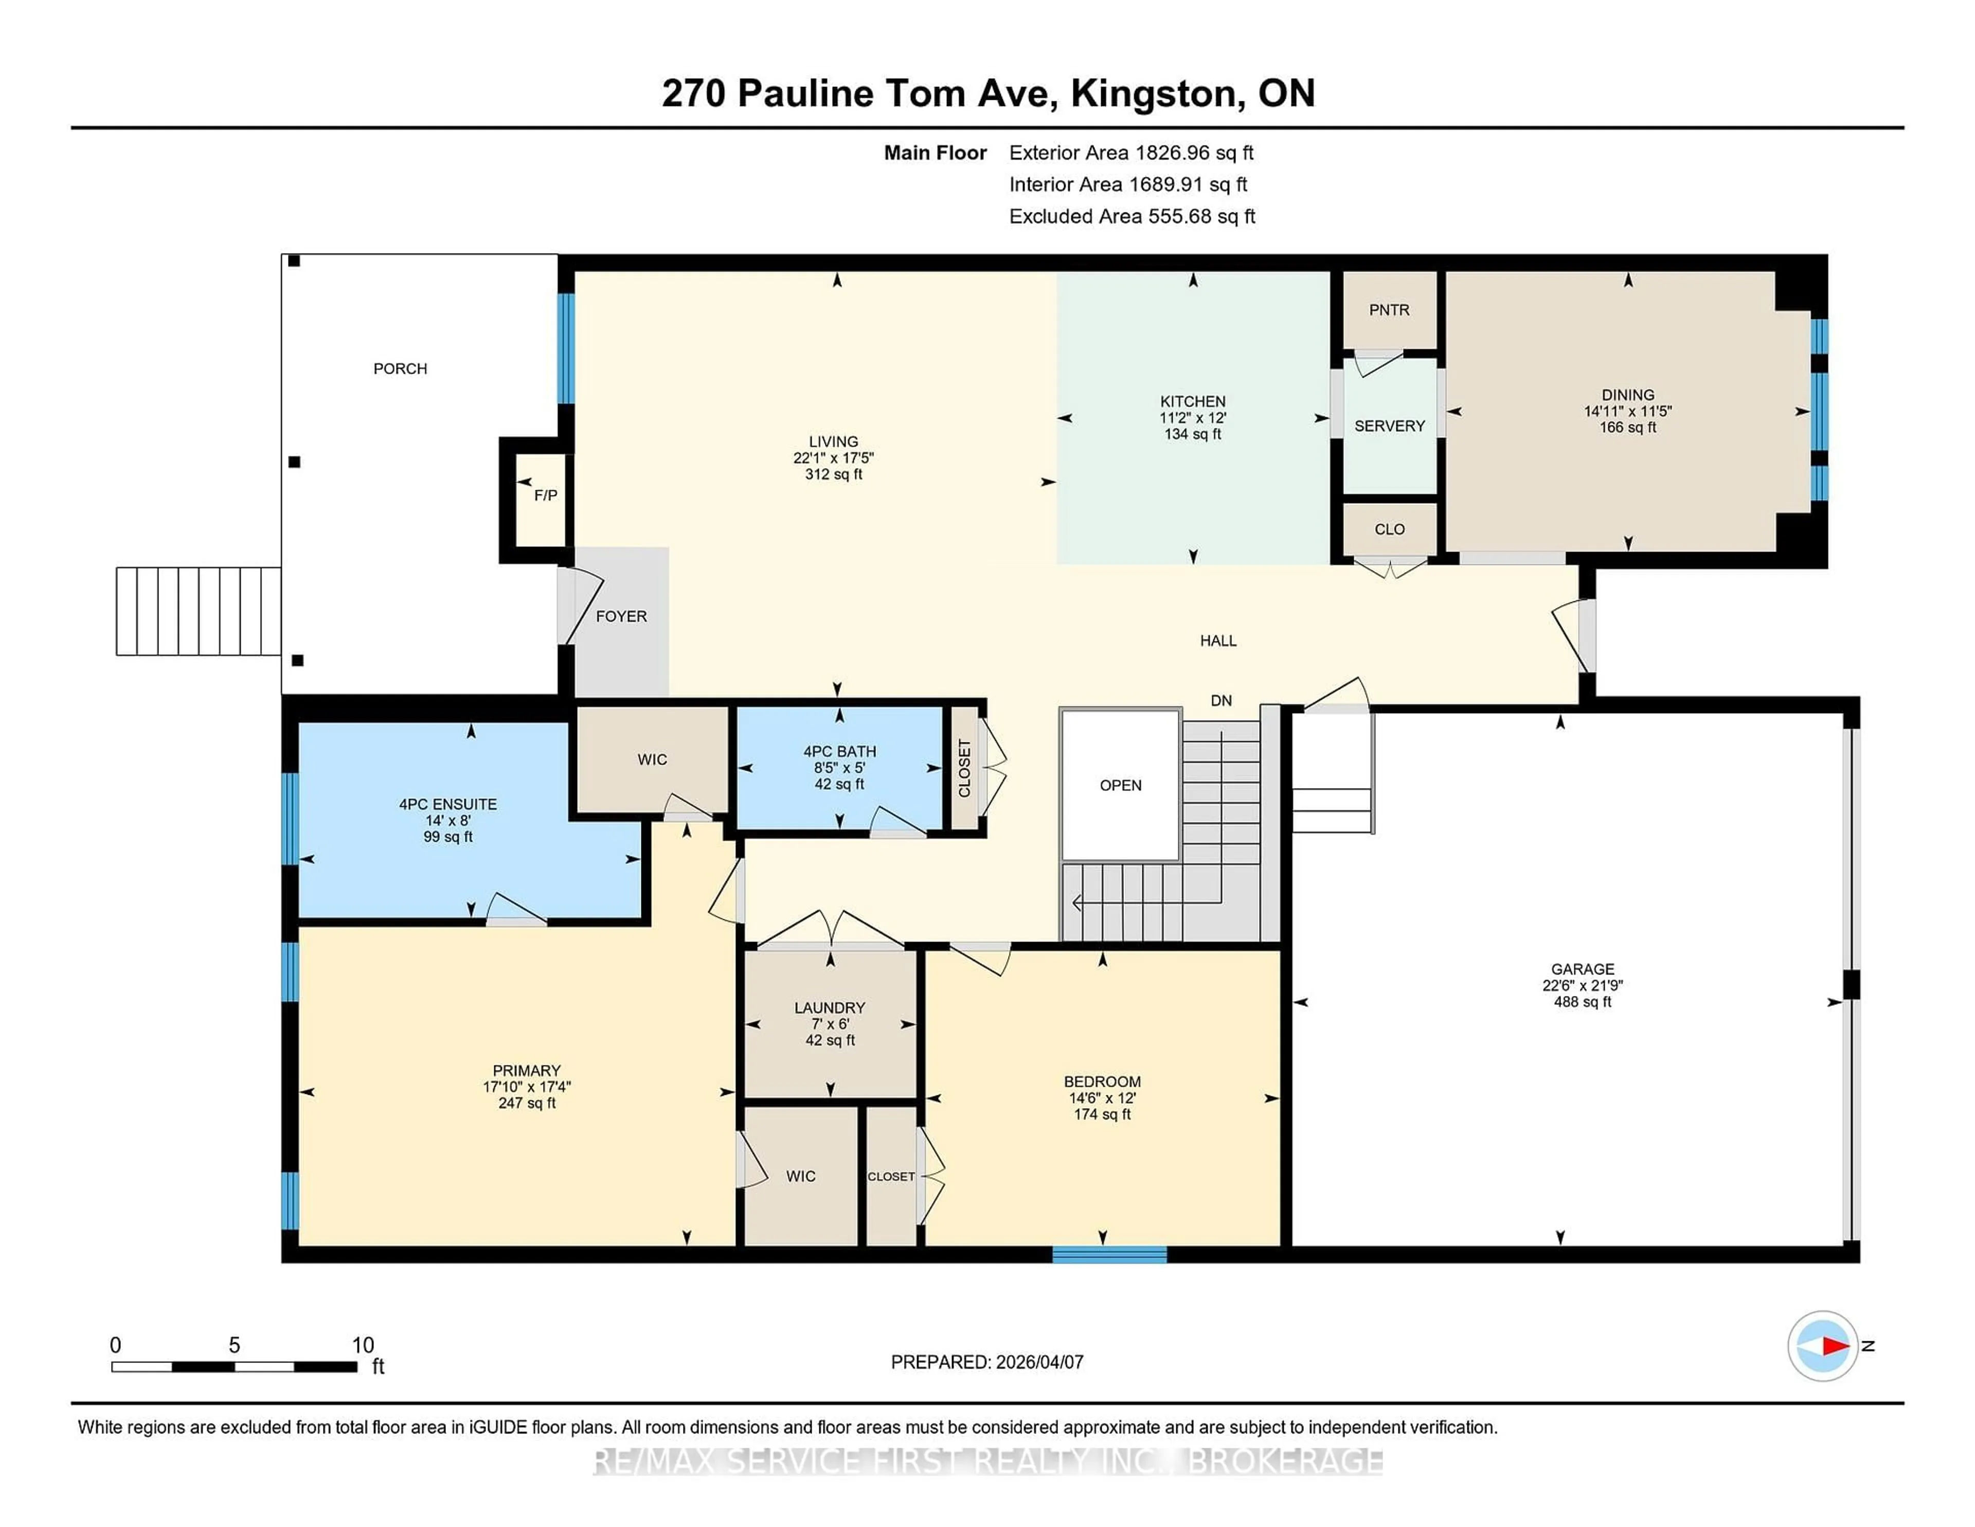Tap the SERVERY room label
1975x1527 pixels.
click(x=1389, y=426)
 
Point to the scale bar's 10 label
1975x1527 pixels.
click(x=363, y=1345)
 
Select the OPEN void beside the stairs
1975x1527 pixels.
click(x=1120, y=785)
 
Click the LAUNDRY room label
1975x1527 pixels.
click(x=829, y=1008)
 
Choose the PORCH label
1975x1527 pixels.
click(x=400, y=369)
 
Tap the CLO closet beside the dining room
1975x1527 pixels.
click(x=1389, y=529)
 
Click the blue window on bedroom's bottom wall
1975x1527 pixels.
click(x=1109, y=1254)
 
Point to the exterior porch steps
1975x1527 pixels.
click(x=198, y=612)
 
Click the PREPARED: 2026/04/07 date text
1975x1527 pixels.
click(x=986, y=1362)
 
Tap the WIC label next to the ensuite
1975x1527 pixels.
click(x=652, y=760)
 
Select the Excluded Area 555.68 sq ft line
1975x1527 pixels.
click(x=1132, y=216)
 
